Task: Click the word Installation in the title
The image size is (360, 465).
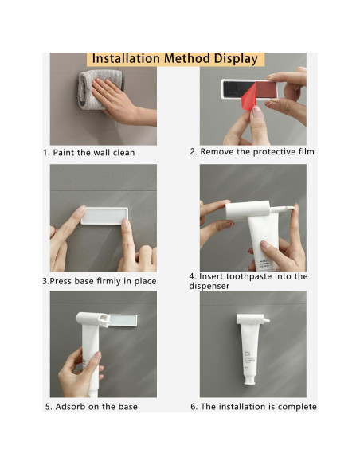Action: click(x=126, y=58)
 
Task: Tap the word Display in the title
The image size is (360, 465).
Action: click(x=236, y=59)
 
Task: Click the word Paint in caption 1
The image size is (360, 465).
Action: click(x=64, y=153)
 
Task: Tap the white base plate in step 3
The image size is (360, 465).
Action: click(x=104, y=216)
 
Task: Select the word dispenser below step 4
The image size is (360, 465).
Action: click(x=209, y=286)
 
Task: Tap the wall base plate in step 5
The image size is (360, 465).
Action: click(x=122, y=320)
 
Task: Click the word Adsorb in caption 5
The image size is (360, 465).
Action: click(x=70, y=407)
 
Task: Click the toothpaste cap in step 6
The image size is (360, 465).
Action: click(x=249, y=381)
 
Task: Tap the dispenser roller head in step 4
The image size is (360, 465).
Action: click(x=248, y=209)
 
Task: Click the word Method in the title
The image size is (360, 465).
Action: click(x=187, y=58)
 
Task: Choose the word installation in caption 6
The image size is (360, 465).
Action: click(x=243, y=407)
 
